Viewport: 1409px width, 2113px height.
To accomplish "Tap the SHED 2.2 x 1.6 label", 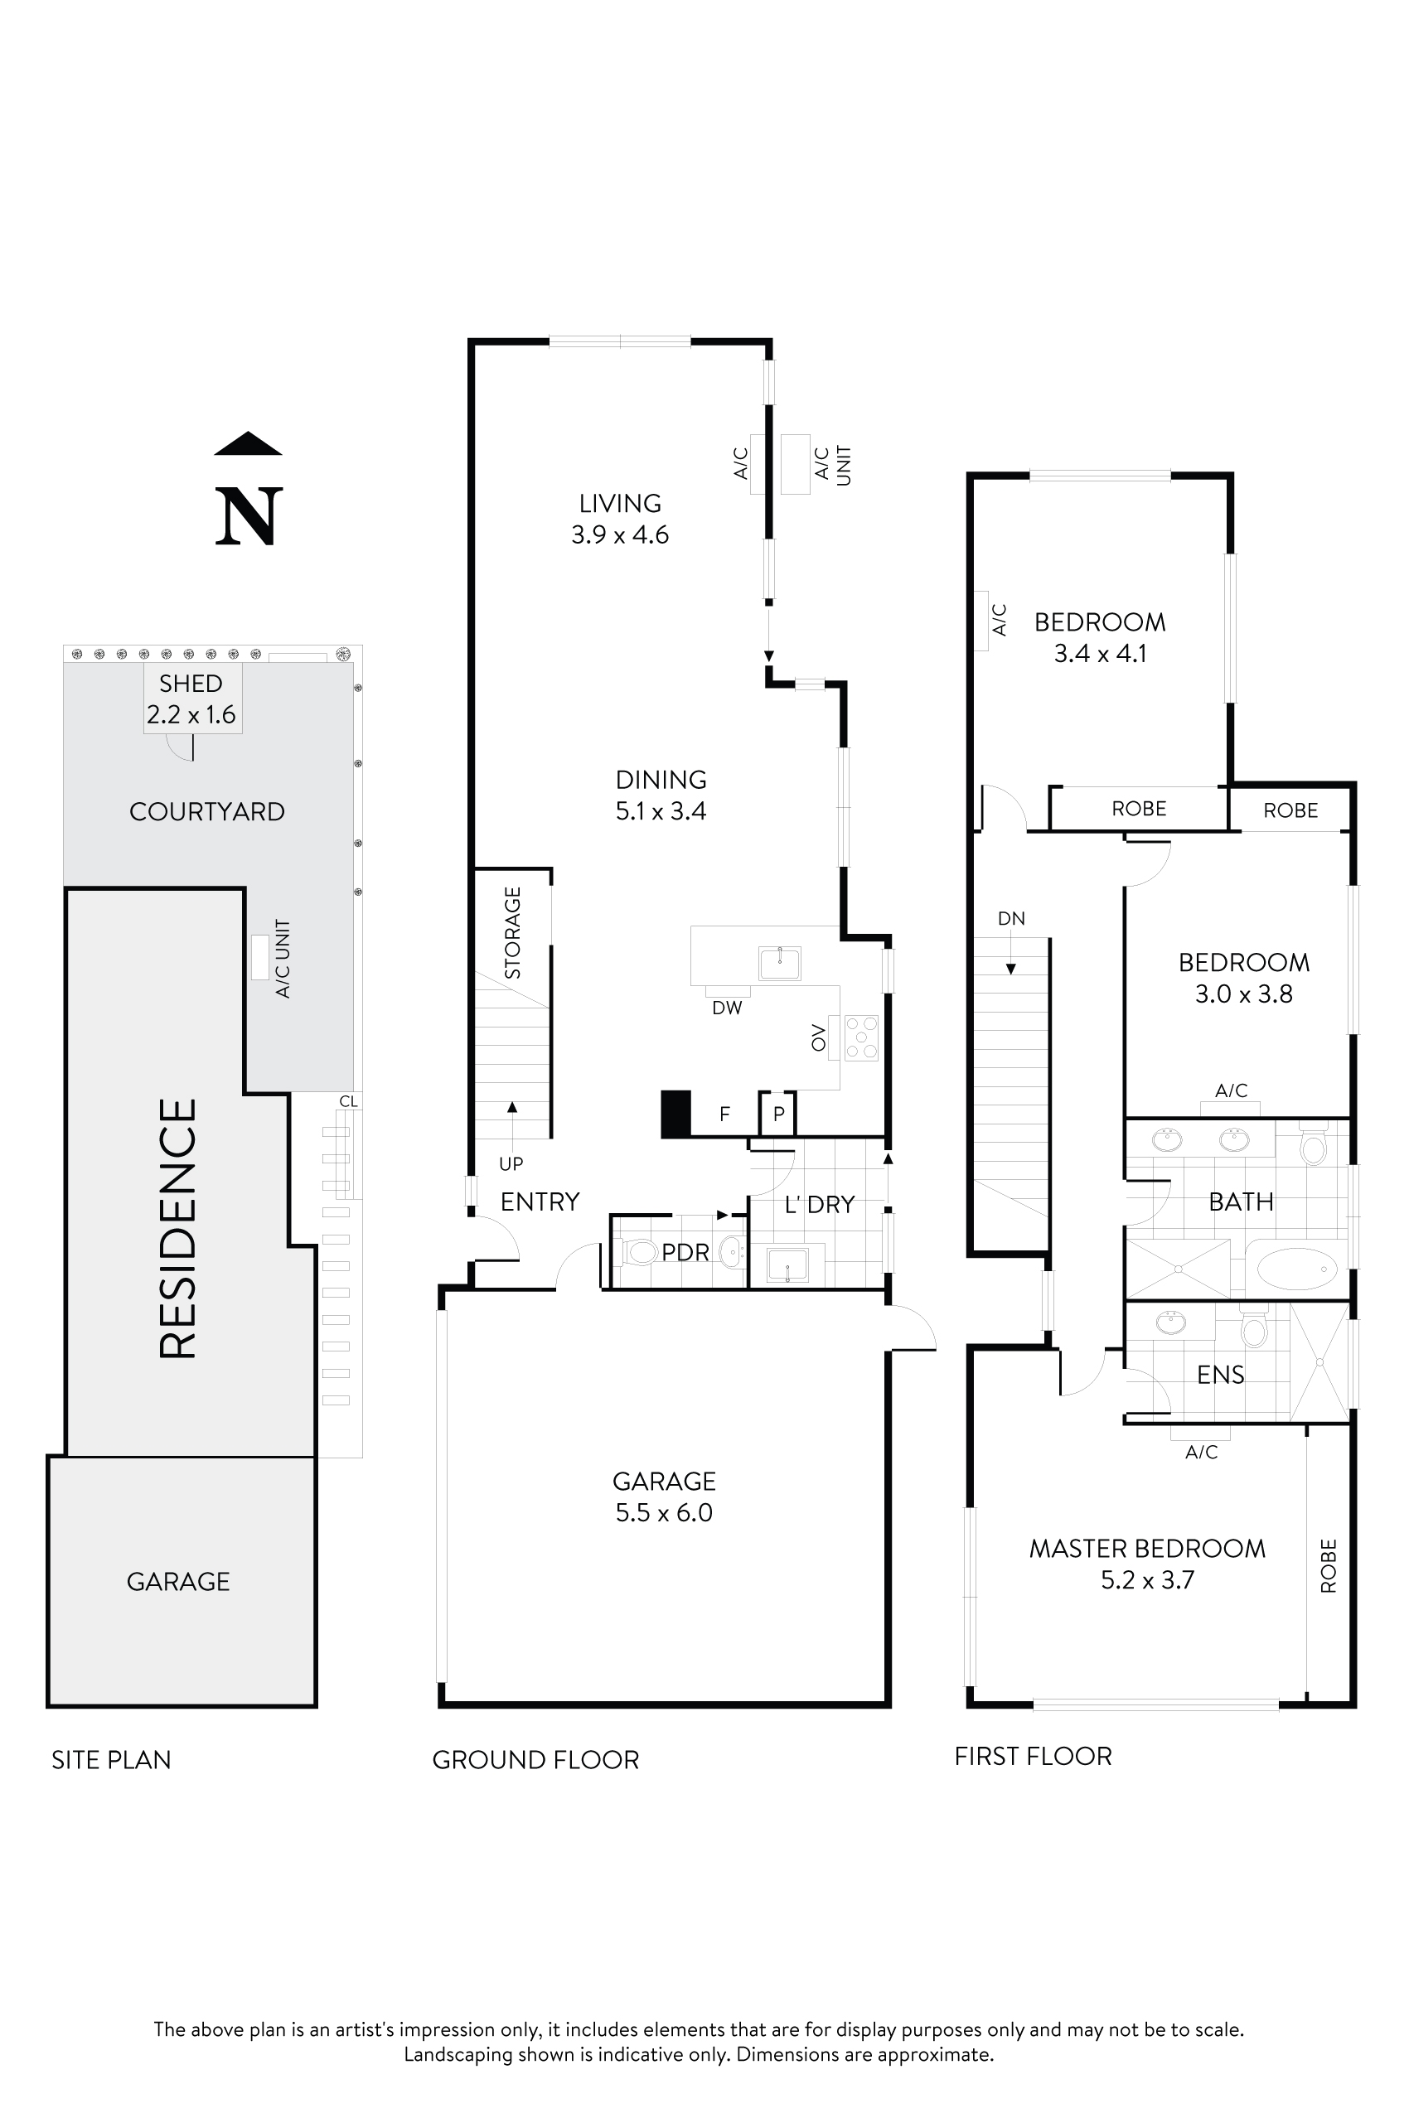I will click(x=191, y=699).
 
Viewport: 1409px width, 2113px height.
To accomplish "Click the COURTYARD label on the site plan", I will click(x=206, y=811).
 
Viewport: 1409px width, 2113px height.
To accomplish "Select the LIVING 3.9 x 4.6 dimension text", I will click(x=620, y=534).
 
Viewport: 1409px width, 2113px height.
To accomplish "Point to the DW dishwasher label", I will click(x=727, y=1008).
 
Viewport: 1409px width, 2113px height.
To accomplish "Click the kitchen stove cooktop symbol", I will click(x=861, y=1037).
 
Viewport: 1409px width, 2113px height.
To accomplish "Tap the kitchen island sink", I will click(x=779, y=964).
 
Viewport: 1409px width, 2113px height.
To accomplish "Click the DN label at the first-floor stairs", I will click(x=1011, y=918).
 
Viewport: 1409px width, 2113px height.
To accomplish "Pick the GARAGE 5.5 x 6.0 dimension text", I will click(x=664, y=1512).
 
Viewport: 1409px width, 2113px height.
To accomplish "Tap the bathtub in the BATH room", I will click(x=1296, y=1269).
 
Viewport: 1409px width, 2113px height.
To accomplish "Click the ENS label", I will click(x=1220, y=1375).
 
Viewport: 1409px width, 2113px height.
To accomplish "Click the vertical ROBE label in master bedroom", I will click(x=1328, y=1566).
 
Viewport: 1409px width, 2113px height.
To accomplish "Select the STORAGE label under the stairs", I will click(x=512, y=932).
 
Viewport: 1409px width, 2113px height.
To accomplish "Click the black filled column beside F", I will click(x=675, y=1114).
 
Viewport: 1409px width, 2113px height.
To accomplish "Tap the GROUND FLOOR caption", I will click(x=535, y=1760).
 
